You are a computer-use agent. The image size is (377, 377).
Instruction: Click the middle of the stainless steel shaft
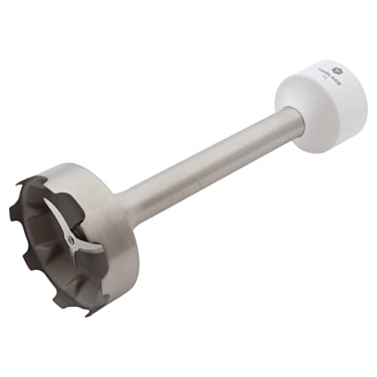(x=204, y=158)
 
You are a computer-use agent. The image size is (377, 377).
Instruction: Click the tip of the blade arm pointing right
(x=98, y=250)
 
